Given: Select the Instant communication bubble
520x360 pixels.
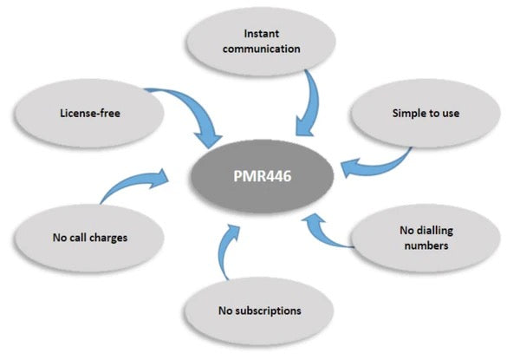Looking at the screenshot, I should [x=245, y=43].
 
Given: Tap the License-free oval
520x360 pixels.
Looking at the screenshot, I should [x=86, y=111].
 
